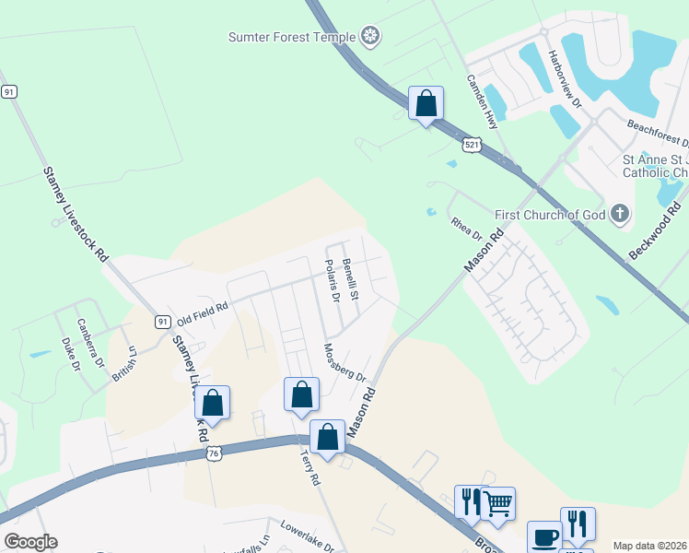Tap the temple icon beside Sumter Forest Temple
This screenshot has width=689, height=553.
coord(371,37)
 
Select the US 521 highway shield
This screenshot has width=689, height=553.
coord(471,146)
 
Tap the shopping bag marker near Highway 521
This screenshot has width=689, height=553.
coord(426,103)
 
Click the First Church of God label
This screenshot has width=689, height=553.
coord(550,215)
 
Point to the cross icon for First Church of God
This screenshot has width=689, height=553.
coord(620,215)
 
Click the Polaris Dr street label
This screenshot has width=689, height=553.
coord(333,280)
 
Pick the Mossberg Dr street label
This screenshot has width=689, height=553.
coord(345,363)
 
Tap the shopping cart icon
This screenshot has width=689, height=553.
coord(498,503)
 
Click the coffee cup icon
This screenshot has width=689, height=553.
coord(543,536)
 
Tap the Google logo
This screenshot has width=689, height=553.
coord(30,542)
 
